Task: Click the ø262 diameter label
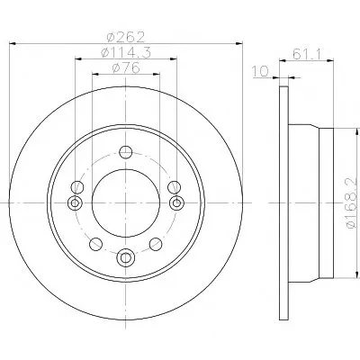(126, 37)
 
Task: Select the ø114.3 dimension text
(126, 53)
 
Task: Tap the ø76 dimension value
(126, 67)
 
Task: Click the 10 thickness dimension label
(260, 72)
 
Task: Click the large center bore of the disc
(126, 203)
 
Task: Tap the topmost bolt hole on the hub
(126, 152)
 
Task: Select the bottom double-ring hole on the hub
(126, 257)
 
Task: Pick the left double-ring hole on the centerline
(75, 203)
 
